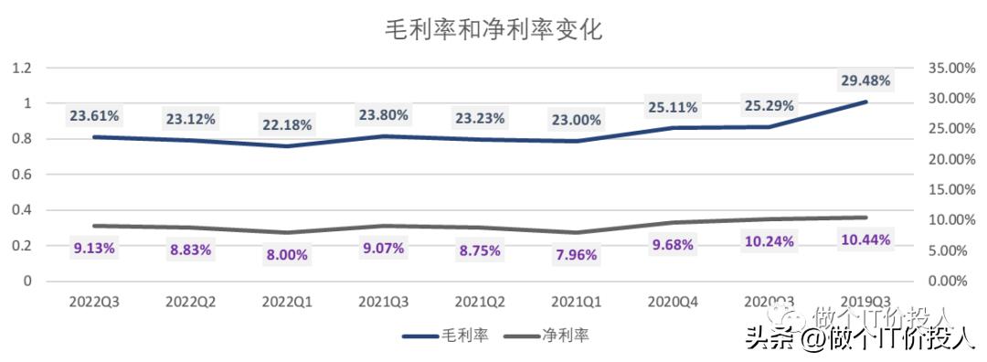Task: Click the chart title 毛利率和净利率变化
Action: click(x=493, y=29)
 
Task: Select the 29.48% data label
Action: click(x=865, y=80)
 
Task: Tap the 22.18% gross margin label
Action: click(x=286, y=124)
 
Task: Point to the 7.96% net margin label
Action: click(x=576, y=255)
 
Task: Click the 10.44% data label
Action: click(x=865, y=240)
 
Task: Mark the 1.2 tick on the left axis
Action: click(x=22, y=68)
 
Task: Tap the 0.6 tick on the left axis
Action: click(x=22, y=175)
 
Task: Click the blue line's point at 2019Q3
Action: click(x=865, y=101)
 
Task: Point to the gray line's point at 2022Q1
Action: click(x=286, y=232)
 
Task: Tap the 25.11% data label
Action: click(x=672, y=108)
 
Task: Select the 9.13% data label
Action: click(x=94, y=247)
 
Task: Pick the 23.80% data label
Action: click(x=383, y=116)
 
